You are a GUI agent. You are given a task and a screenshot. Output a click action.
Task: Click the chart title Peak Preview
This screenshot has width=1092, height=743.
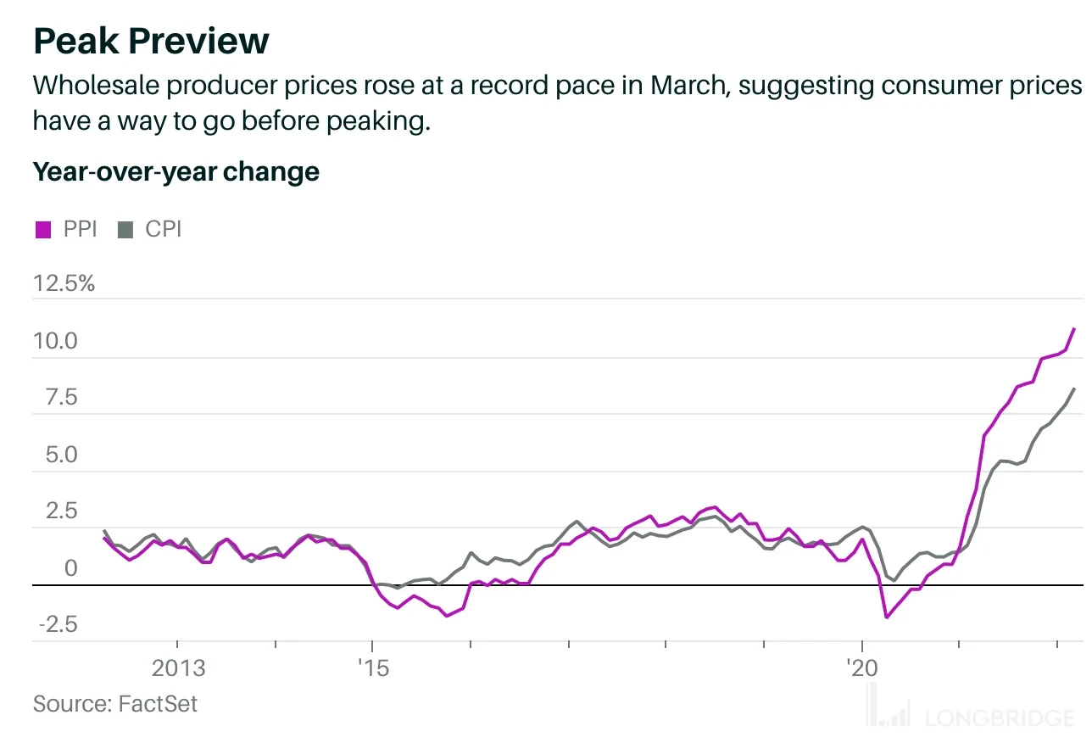click(151, 41)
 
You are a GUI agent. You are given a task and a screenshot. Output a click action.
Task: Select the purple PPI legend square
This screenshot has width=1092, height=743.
click(42, 230)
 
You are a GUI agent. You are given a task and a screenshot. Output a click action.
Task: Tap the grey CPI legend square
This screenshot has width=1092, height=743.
click(125, 230)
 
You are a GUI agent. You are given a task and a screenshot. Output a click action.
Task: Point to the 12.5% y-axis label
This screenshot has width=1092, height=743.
click(64, 283)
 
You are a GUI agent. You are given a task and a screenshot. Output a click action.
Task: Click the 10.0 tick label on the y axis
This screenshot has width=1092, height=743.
click(55, 341)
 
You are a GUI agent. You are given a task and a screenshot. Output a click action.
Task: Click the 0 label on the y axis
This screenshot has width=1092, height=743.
click(70, 568)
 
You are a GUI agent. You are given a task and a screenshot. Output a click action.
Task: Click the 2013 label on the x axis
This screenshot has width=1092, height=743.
click(178, 668)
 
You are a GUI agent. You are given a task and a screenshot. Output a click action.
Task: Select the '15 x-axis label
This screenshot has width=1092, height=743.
click(371, 668)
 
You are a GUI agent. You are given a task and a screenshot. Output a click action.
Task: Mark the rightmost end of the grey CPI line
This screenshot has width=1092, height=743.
click(1074, 388)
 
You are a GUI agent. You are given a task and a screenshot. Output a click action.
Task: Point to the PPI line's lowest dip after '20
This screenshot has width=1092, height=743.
click(886, 617)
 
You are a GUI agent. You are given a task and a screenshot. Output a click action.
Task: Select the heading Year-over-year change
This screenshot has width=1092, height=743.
click(175, 171)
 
